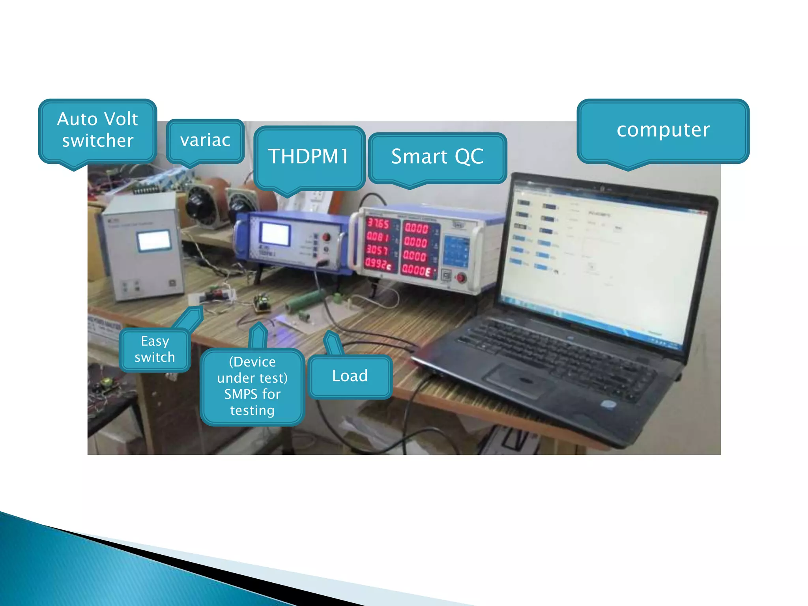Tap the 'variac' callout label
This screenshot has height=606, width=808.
coord(205,140)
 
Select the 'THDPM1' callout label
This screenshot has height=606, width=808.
coord(309,157)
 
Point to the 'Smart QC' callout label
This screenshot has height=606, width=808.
coord(437,157)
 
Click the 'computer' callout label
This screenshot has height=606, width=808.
coord(663,130)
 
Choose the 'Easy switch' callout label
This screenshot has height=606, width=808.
coord(155,349)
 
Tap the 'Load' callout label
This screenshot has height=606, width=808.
coord(350,376)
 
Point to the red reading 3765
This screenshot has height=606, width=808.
coord(378,224)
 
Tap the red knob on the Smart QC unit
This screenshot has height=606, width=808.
coord(461,278)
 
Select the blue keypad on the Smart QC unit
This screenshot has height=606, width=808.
coord(456,251)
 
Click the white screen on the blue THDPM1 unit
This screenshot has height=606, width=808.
coord(275,234)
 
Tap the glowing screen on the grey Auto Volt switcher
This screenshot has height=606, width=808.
coord(154,241)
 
